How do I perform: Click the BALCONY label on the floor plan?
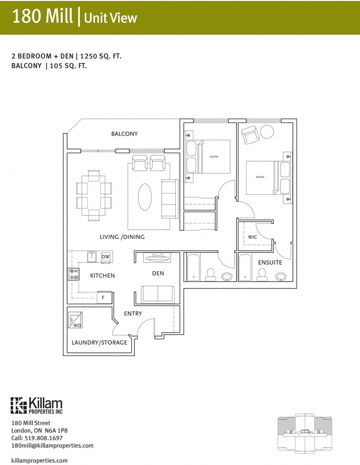[x=124, y=134]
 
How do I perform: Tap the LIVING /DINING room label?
[x=122, y=237]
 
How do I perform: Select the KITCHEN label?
[x=102, y=276]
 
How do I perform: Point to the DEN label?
[x=158, y=273]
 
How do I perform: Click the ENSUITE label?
[x=270, y=262]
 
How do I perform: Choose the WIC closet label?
[x=252, y=237]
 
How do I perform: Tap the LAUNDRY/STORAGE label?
[x=99, y=342]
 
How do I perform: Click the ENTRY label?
[x=133, y=314]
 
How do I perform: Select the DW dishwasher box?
[x=105, y=257]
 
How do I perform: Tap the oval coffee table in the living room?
[x=145, y=197]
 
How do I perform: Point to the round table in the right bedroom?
[x=267, y=132]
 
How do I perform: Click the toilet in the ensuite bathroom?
[x=261, y=274]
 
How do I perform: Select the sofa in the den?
[x=157, y=294]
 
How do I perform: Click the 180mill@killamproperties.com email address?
[x=52, y=445]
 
